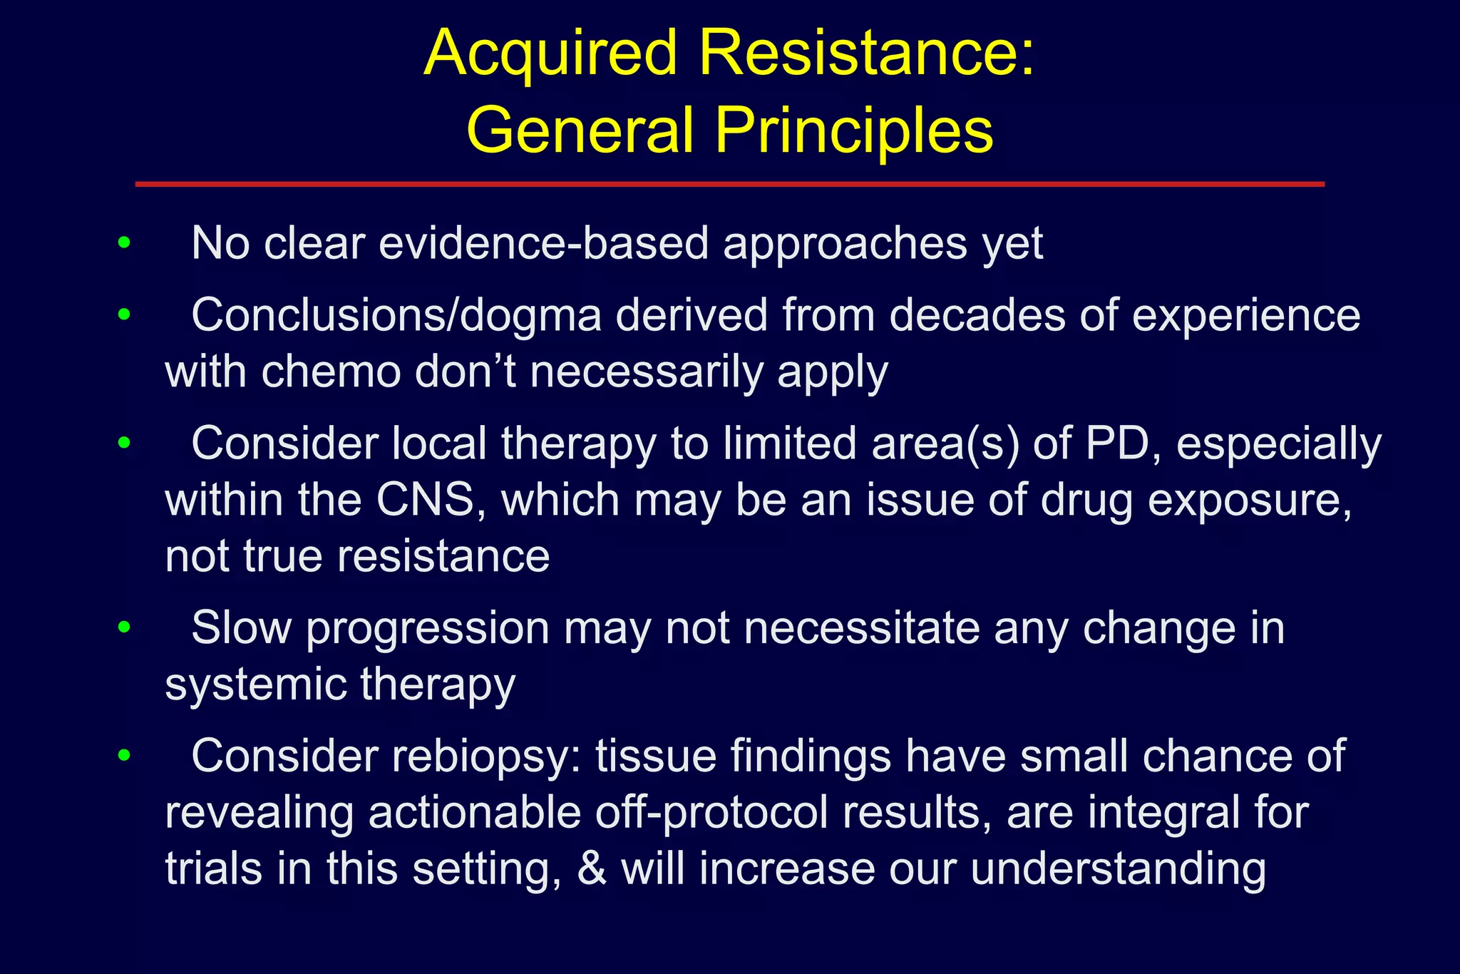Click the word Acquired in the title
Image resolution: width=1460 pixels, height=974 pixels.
tap(550, 54)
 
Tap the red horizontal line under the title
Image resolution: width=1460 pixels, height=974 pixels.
tap(729, 184)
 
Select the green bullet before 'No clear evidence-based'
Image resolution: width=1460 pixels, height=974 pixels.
tap(125, 243)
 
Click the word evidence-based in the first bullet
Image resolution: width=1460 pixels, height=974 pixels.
tap(544, 244)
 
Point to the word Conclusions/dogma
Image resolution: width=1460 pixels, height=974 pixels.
tap(396, 315)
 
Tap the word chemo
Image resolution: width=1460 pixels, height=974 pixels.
tap(331, 372)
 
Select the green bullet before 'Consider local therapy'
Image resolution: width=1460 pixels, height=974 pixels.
tap(125, 443)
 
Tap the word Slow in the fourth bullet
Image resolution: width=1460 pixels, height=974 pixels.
tap(242, 628)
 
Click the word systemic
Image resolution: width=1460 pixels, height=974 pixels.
tap(256, 685)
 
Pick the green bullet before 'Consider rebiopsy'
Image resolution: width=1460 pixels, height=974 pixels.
tap(125, 755)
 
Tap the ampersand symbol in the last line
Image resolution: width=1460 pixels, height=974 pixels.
tap(592, 869)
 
